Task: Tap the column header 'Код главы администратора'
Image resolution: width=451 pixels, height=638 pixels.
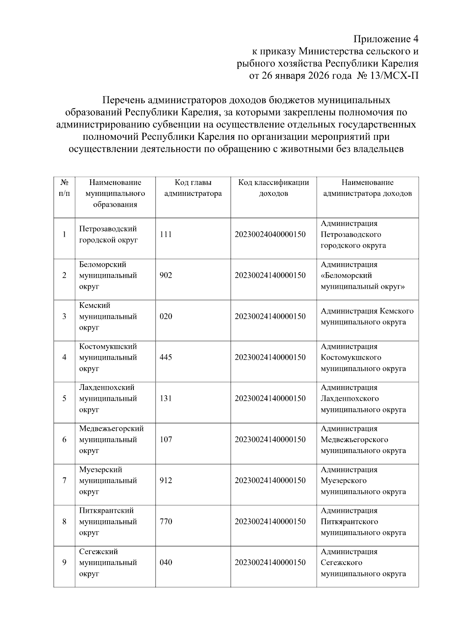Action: (x=193, y=188)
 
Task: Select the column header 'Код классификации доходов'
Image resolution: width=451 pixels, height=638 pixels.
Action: (x=273, y=188)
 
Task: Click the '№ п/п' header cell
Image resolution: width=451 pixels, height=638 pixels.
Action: (x=64, y=188)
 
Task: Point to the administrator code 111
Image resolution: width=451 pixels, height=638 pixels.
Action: (x=166, y=235)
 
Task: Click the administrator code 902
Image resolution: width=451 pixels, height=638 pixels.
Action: (x=166, y=276)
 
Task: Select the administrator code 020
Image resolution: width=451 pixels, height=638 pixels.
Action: (x=166, y=317)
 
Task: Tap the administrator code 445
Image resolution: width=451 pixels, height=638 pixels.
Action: (x=166, y=358)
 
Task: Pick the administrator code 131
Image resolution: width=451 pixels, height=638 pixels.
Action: (x=166, y=399)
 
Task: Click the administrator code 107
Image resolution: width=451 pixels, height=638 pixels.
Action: (x=166, y=439)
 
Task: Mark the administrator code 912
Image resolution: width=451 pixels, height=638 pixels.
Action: (x=166, y=480)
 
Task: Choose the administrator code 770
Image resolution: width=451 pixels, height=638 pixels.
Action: (x=166, y=521)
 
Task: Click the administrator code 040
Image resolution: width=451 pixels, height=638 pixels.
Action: (x=166, y=563)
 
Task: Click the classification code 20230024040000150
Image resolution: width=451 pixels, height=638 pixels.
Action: (x=270, y=235)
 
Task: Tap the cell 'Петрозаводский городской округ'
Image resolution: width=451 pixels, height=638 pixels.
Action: (x=108, y=235)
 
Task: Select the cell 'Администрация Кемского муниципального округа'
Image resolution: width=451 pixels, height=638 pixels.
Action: (x=367, y=317)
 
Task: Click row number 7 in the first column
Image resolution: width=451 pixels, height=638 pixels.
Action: (x=64, y=480)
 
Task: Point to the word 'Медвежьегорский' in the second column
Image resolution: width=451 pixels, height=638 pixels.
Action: (x=111, y=429)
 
